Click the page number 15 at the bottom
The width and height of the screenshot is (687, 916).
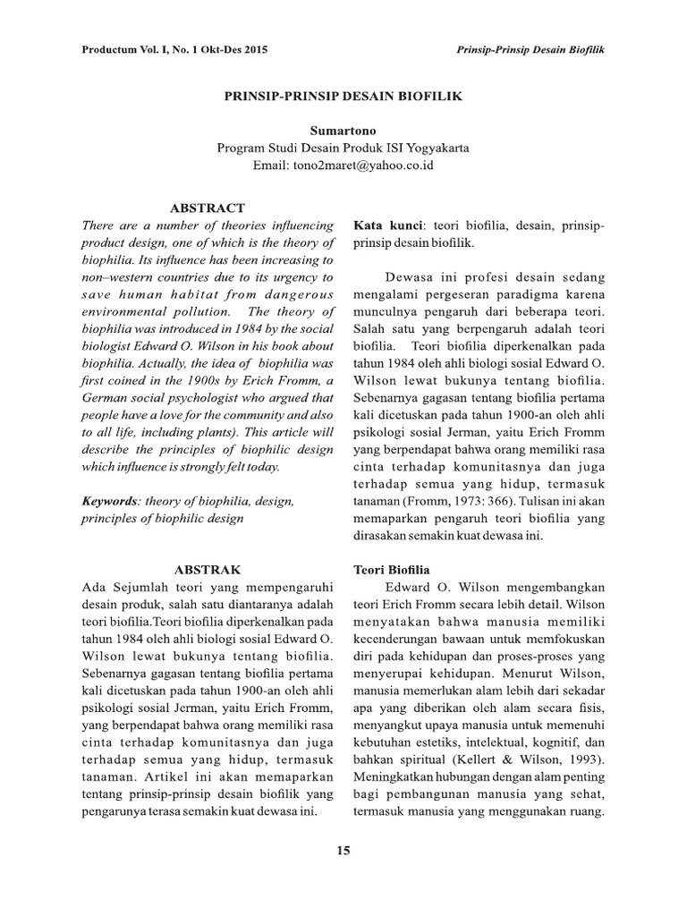click(343, 850)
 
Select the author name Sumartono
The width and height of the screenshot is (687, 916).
click(343, 131)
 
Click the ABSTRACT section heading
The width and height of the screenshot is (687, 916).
click(207, 207)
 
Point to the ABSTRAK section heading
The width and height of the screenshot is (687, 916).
click(207, 569)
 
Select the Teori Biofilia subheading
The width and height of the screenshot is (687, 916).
click(392, 569)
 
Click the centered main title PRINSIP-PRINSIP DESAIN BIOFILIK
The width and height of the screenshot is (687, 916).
click(343, 96)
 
